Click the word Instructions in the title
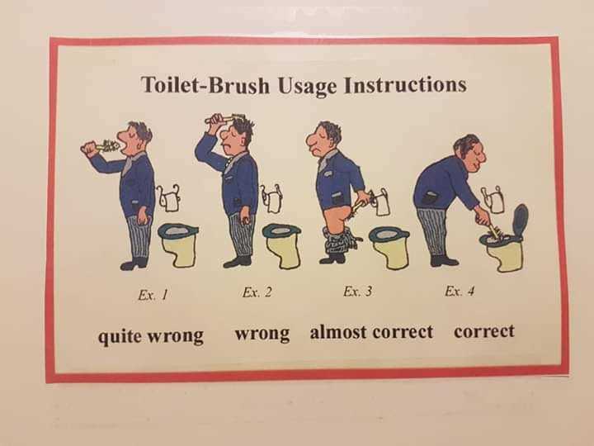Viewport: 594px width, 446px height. [405, 84]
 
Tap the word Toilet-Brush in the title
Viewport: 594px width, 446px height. [205, 84]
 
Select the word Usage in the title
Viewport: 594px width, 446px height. [307, 86]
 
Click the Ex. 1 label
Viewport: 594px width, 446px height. [153, 295]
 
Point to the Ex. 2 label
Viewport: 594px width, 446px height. [257, 292]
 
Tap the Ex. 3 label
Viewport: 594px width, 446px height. [357, 291]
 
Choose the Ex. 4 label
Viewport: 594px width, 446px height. [460, 291]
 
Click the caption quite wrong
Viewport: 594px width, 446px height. [151, 336]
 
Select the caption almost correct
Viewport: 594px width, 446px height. [371, 332]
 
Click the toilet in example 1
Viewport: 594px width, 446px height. [178, 244]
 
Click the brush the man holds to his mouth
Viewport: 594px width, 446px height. [105, 146]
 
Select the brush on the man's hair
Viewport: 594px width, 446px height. [225, 118]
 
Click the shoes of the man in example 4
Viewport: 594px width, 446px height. [444, 260]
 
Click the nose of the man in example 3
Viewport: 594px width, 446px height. [311, 141]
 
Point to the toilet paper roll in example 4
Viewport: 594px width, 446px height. [494, 200]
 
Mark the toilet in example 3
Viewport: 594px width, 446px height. [389, 247]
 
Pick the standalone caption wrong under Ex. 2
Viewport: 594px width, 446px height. [262, 334]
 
